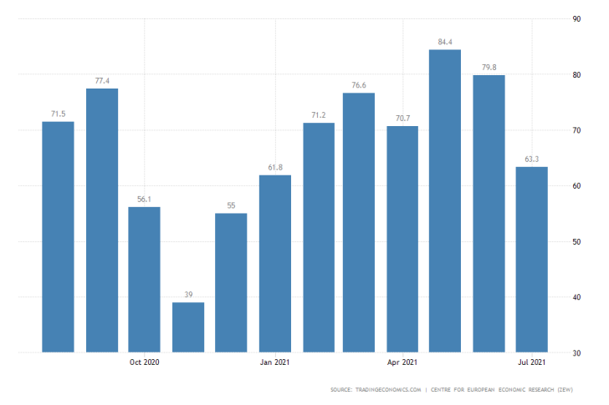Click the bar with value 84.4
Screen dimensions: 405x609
tap(445, 200)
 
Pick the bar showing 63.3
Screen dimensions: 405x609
tap(531, 259)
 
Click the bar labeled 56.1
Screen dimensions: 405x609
tap(144, 279)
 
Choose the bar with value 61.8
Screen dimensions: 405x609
tap(275, 263)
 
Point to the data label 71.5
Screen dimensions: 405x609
tap(58, 112)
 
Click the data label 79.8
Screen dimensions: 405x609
tap(489, 66)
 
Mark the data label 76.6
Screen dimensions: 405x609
tap(358, 84)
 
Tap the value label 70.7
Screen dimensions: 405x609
tap(402, 117)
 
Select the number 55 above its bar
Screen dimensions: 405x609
tap(231, 205)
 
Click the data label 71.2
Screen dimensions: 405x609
tap(319, 114)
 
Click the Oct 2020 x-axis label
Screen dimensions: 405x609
tap(145, 362)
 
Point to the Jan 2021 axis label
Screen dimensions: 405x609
tap(275, 362)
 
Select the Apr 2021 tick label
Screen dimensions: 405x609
tap(402, 362)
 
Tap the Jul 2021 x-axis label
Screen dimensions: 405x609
tap(532, 362)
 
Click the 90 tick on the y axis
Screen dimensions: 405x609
tap(576, 19)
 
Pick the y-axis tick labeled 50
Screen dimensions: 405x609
tap(576, 241)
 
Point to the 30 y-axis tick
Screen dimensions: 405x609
tap(576, 352)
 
